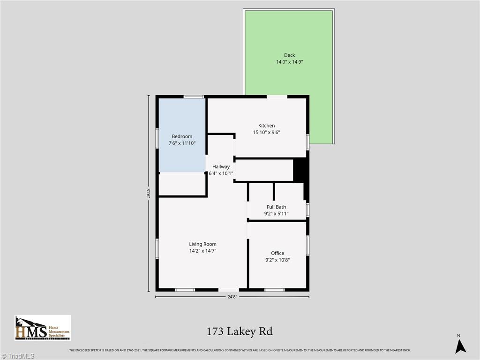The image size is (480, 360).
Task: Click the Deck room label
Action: coord(289,55)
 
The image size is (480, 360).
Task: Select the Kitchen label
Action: coord(266,126)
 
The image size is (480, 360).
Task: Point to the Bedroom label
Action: coord(181,136)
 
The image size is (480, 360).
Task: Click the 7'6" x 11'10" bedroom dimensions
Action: coord(181,143)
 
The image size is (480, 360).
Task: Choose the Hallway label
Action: coord(221,166)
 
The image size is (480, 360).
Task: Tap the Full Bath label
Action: coord(276,207)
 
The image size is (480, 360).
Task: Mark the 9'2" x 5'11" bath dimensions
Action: coord(276,214)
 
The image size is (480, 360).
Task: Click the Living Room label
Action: coord(202,244)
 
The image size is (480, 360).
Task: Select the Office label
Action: coord(277,253)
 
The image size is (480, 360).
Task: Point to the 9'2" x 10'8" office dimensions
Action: coord(277,260)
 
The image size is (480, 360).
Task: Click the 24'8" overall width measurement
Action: coord(232,296)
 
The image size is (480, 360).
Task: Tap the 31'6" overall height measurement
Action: coord(149,194)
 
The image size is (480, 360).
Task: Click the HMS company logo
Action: coord(43,328)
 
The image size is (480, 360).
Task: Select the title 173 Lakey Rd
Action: coord(240,332)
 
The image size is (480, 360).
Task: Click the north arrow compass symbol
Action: coord(461,345)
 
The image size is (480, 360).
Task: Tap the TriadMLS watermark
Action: coord(17,356)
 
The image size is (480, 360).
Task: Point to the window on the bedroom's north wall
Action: coord(193,97)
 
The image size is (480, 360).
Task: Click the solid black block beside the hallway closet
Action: coord(299,170)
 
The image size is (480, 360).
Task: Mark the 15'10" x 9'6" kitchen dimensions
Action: coord(266,132)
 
